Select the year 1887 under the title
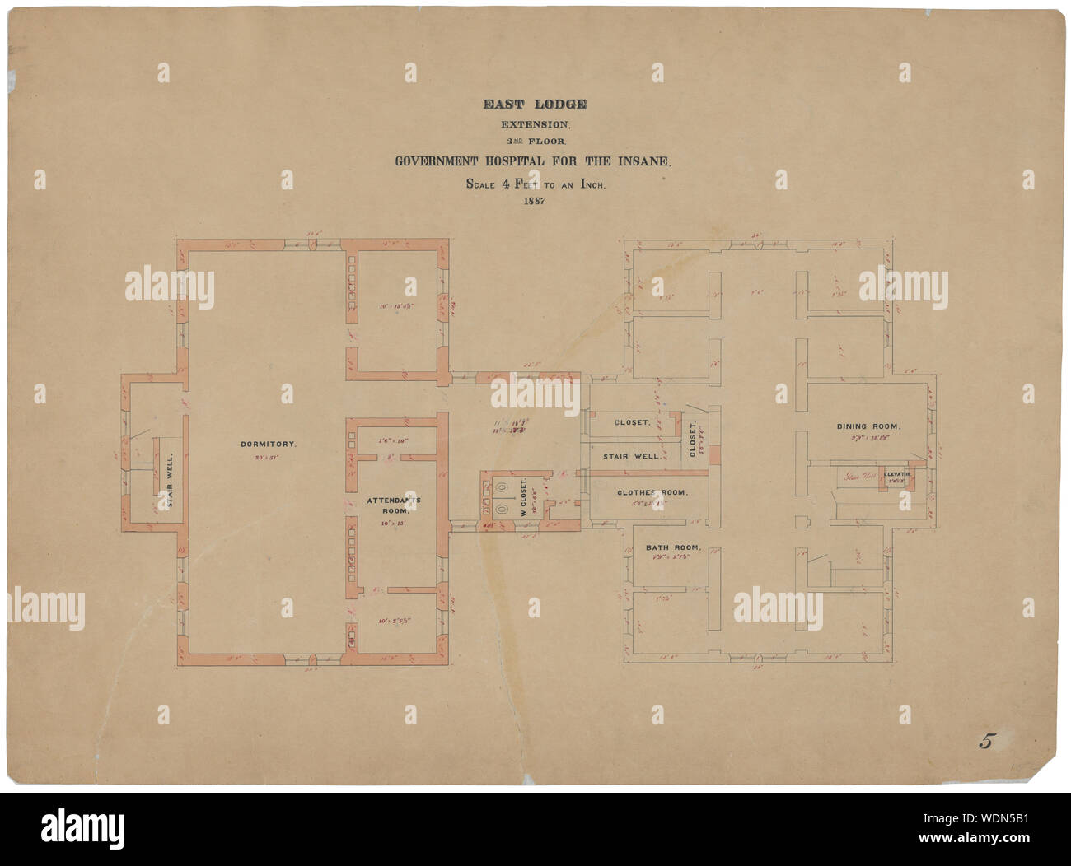[535, 202]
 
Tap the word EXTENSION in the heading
[535, 125]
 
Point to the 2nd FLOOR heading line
[535, 142]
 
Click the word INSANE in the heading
[646, 163]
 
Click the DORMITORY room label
[268, 445]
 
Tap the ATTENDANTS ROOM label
[381, 505]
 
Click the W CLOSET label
[524, 497]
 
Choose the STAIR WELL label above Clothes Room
[631, 455]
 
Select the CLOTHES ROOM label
[652, 493]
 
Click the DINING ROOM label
[868, 426]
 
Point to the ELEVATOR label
[896, 475]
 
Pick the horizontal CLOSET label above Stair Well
[633, 422]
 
